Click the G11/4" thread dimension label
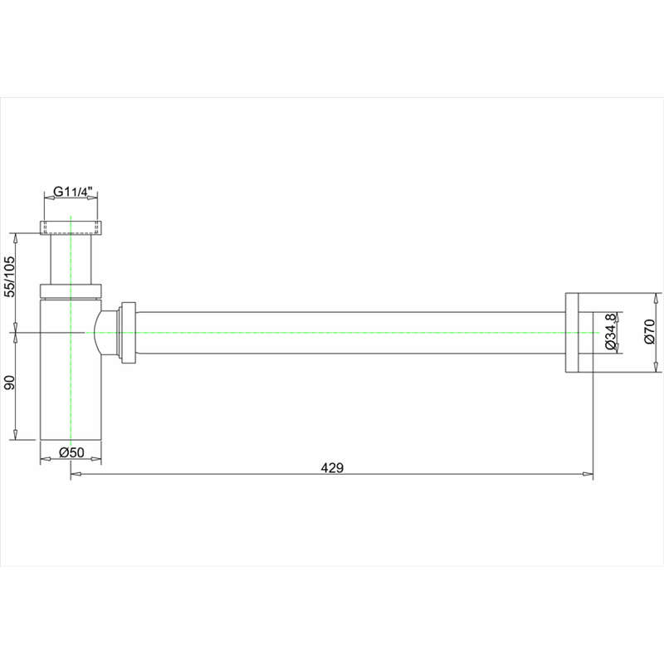pos(72,192)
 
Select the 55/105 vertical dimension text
pos(9,276)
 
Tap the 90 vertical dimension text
pos(9,383)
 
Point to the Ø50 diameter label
pos(71,452)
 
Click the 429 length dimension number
pos(332,468)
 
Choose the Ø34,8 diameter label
pos(610,332)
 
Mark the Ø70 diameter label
pos(649,332)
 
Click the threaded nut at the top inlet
pos(71,227)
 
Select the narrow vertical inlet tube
pos(71,259)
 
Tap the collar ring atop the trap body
pos(71,291)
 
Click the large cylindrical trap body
pos(71,369)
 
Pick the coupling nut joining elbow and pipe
pos(129,333)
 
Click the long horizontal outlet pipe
pos(350,333)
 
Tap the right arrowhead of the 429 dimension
pos(588,474)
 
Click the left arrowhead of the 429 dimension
pos(76,474)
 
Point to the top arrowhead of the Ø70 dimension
pos(657,298)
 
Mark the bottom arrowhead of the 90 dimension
pos(15,434)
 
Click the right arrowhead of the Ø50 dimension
pos(96,459)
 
